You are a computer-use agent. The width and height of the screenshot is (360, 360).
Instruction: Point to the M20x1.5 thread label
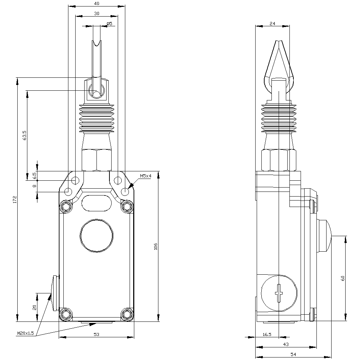(x=25, y=333)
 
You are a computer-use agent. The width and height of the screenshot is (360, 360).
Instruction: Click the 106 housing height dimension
(x=156, y=246)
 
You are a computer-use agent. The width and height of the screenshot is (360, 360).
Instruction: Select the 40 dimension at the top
(x=96, y=4)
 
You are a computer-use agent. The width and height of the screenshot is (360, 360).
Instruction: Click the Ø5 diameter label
(x=109, y=23)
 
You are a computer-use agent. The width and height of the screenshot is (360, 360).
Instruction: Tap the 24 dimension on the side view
(x=272, y=23)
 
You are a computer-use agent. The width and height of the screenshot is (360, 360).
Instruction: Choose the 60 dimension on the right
(x=343, y=278)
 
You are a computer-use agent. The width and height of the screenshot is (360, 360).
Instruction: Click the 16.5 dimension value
(x=267, y=334)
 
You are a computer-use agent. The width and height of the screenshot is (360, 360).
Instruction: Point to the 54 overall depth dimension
(x=293, y=355)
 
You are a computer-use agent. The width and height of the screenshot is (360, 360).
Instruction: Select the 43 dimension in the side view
(x=286, y=345)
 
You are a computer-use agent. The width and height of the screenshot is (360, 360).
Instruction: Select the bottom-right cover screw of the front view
(x=127, y=314)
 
